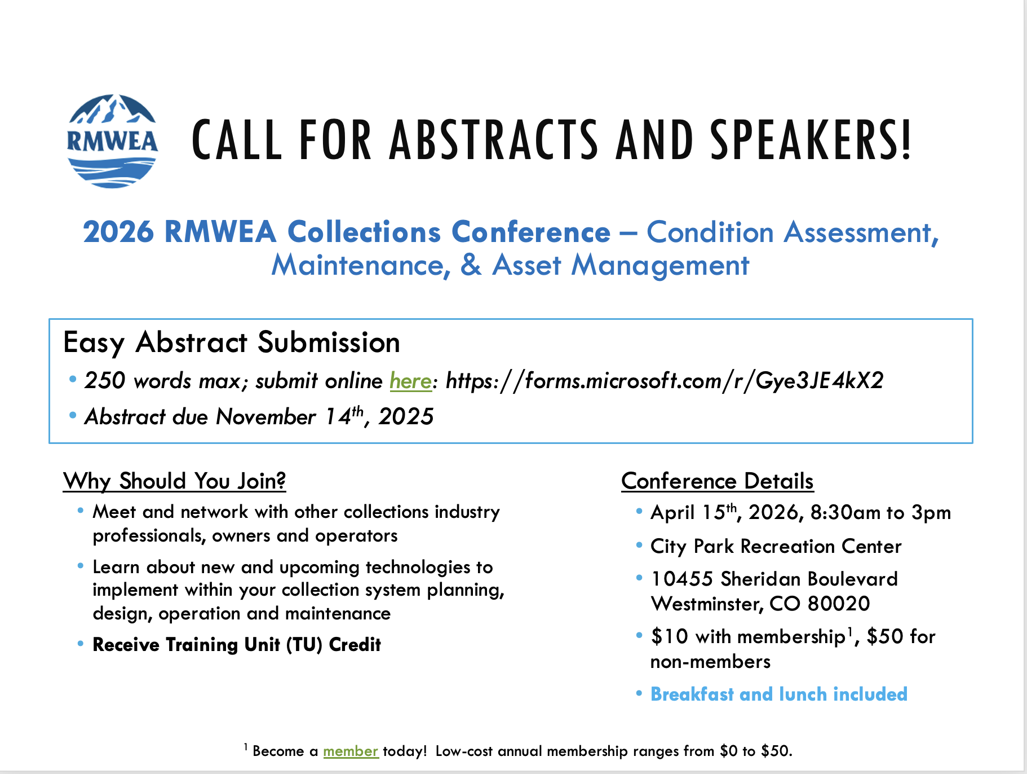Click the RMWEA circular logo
112,141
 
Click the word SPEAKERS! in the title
811,140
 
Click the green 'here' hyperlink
410,381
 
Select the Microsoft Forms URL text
665,381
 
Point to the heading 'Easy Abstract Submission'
232,343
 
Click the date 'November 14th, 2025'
325,416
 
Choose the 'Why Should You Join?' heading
175,481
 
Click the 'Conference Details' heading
718,481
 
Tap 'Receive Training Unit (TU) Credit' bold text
237,644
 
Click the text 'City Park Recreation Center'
776,546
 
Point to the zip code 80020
839,604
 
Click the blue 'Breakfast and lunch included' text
779,694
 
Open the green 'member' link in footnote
351,751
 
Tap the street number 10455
682,579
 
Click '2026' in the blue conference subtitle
118,232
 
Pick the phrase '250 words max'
162,381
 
